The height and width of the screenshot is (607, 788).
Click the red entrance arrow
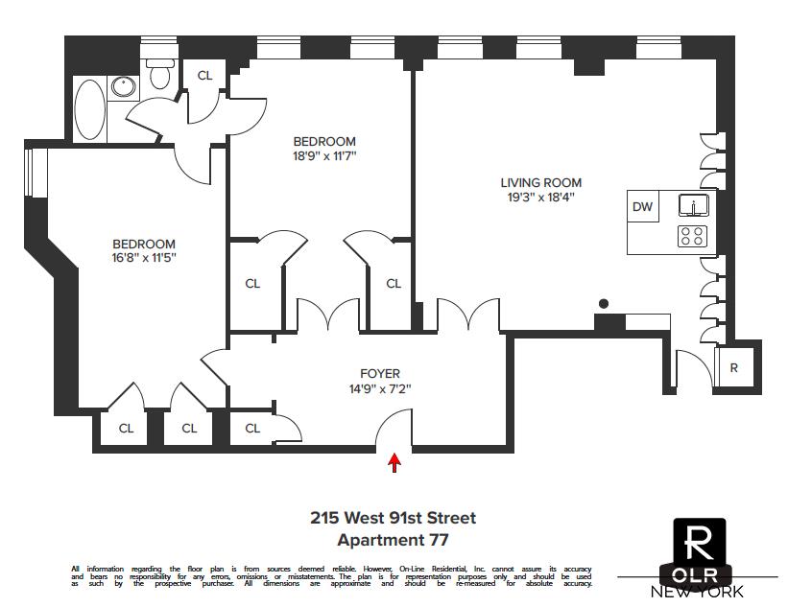click(394, 463)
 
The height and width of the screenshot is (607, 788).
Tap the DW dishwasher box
click(642, 206)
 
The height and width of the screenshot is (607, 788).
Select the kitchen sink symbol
click(692, 205)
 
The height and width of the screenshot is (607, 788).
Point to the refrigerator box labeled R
click(734, 368)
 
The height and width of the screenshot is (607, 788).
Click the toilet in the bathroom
click(158, 71)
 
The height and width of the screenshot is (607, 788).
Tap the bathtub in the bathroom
click(91, 110)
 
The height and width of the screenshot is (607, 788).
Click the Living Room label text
click(540, 183)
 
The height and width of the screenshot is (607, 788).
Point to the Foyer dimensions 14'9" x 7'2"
click(380, 389)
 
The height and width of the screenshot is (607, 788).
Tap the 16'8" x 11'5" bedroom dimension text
click(144, 258)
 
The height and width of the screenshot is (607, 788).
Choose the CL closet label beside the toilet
click(204, 76)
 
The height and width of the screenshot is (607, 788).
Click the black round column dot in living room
click(604, 304)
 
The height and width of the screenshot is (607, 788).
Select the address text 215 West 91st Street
click(393, 519)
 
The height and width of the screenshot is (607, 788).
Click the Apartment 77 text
click(393, 541)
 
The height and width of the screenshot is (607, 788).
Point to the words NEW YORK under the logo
click(697, 592)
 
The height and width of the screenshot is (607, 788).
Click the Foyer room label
click(380, 374)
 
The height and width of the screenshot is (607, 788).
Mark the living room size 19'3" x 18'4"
click(540, 198)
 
